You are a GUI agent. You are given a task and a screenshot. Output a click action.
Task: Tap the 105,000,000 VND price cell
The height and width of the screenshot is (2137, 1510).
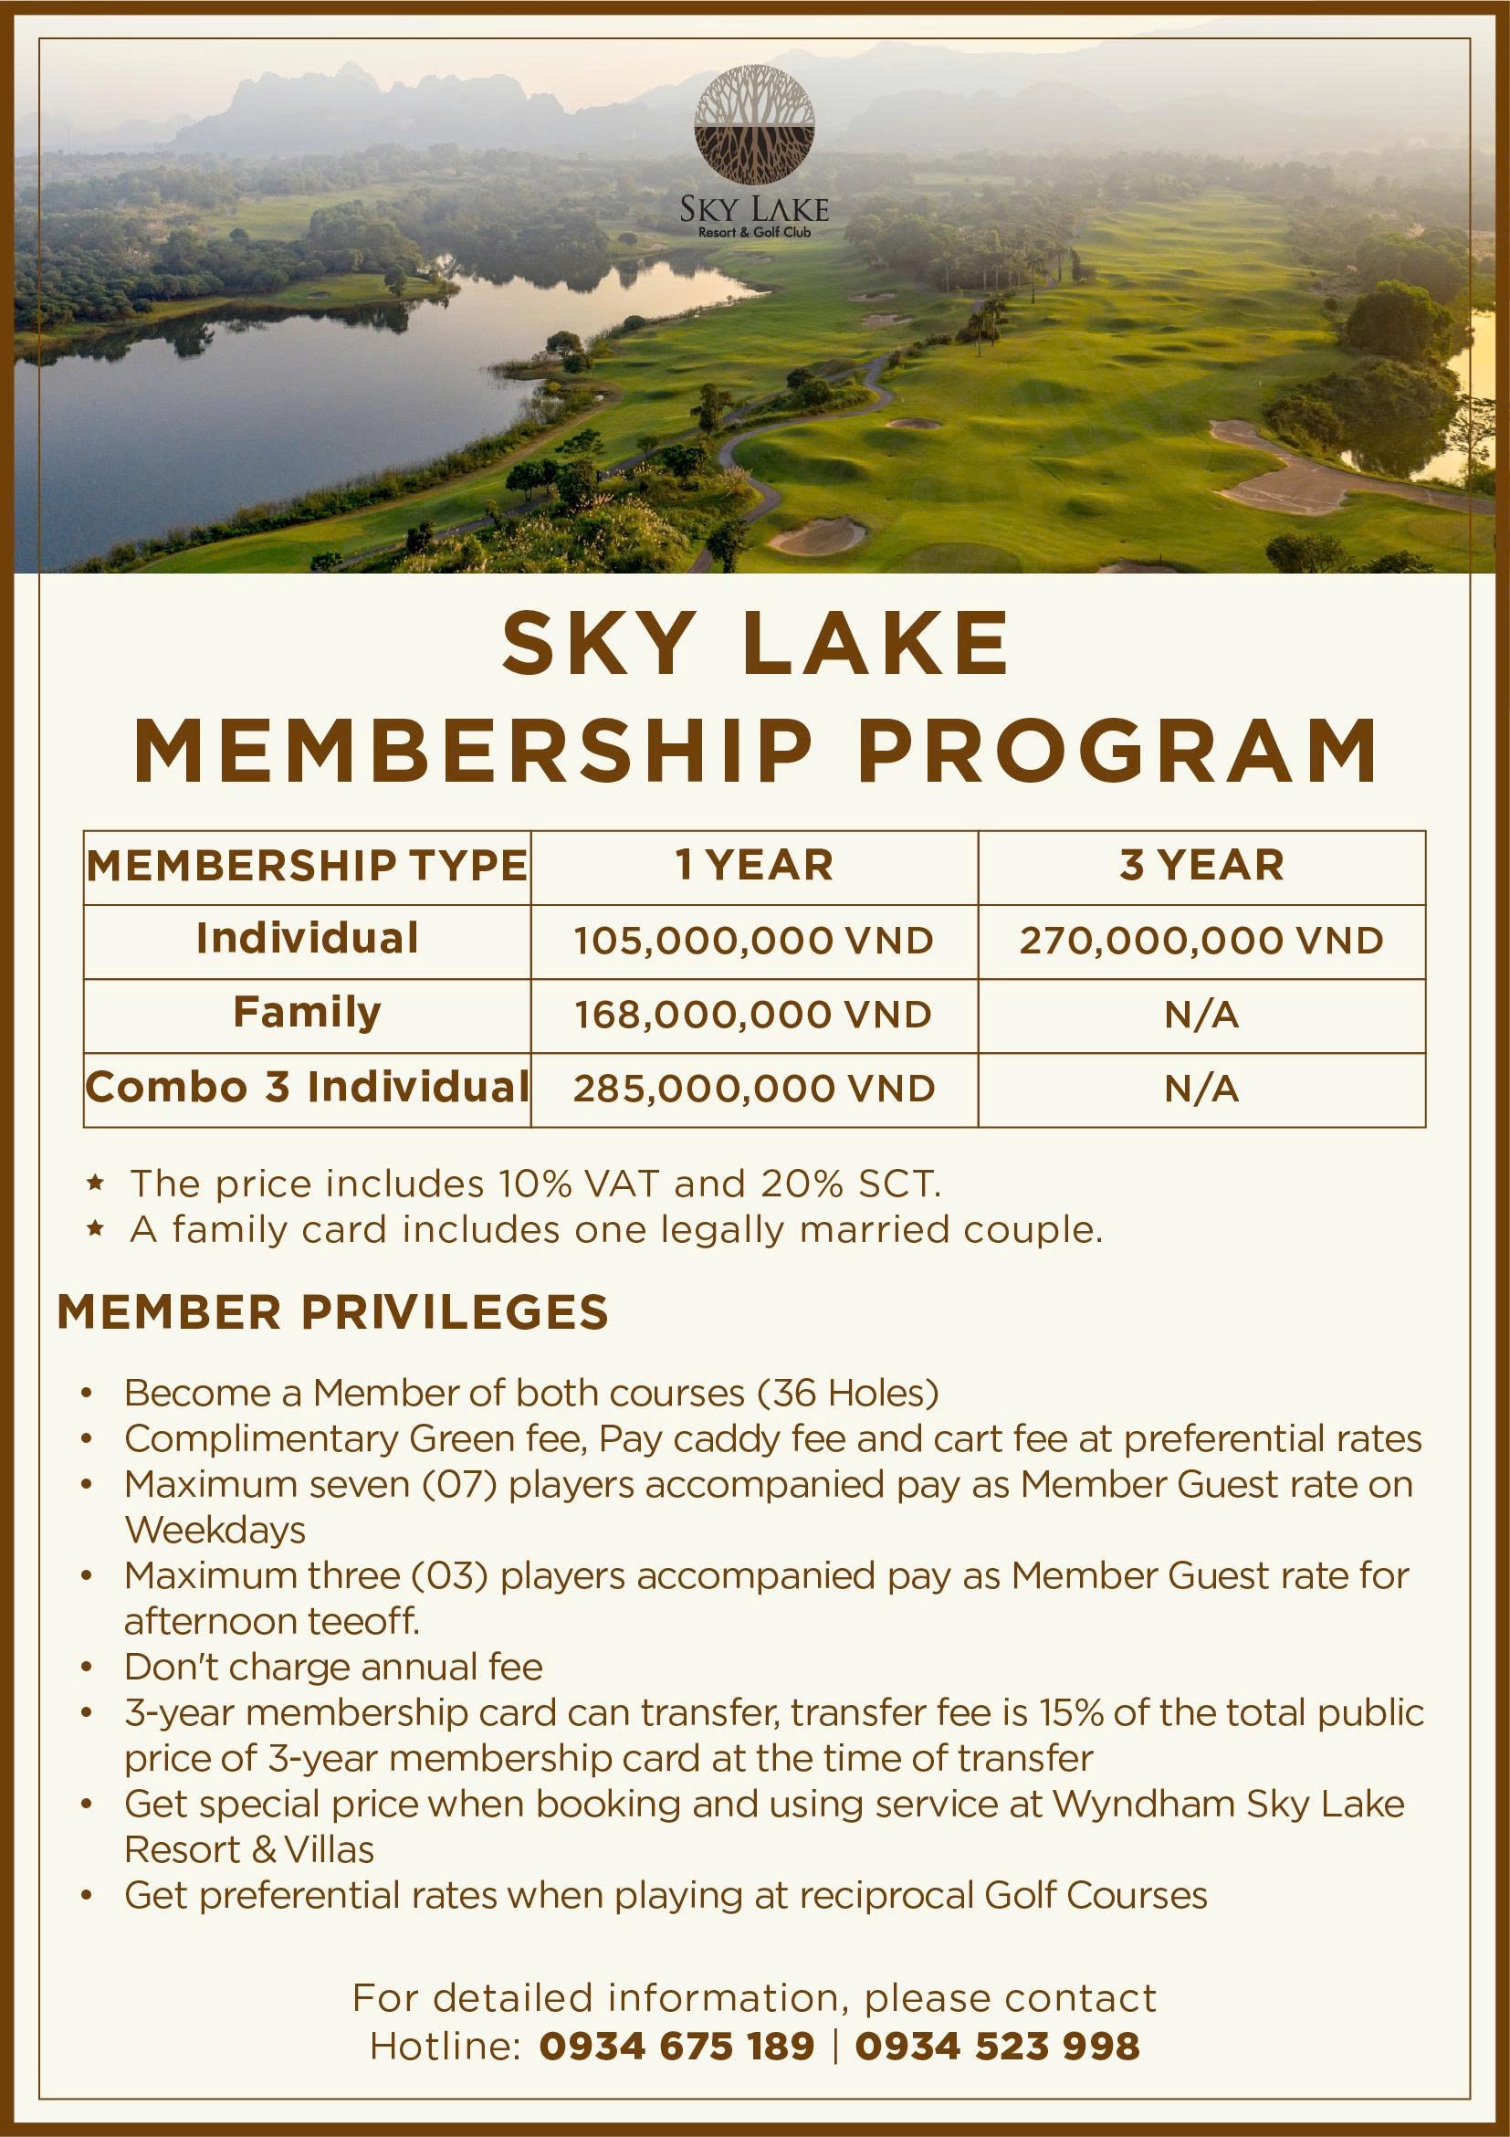[x=753, y=941]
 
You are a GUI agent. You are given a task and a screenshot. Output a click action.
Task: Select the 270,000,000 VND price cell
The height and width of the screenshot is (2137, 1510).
[x=1201, y=941]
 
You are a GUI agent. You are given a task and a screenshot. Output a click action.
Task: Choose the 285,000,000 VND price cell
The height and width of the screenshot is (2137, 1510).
[x=753, y=1089]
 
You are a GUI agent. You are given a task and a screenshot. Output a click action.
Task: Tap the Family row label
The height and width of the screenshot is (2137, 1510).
[x=307, y=1013]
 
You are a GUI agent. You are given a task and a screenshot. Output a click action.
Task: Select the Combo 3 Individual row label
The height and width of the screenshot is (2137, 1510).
[x=307, y=1087]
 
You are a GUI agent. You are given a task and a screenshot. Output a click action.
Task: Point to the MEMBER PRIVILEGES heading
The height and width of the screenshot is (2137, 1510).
[x=333, y=1312]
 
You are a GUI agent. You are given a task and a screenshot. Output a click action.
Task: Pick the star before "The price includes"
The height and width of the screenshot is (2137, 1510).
[x=94, y=1184]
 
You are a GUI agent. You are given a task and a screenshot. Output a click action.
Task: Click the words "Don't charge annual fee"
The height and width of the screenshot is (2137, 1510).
[x=333, y=1667]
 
